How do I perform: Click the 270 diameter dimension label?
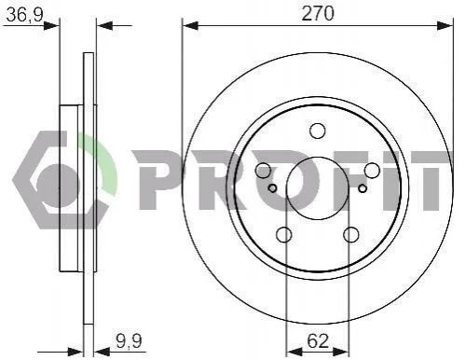318,14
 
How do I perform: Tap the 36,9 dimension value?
24,14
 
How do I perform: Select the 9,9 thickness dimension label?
130,340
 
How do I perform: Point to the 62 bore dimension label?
318,340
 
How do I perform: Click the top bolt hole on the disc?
318,131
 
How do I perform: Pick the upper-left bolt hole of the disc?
263,171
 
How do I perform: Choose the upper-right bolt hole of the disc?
372,171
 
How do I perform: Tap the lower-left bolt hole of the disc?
284,235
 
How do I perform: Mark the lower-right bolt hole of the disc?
351,235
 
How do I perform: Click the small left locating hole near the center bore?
272,188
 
